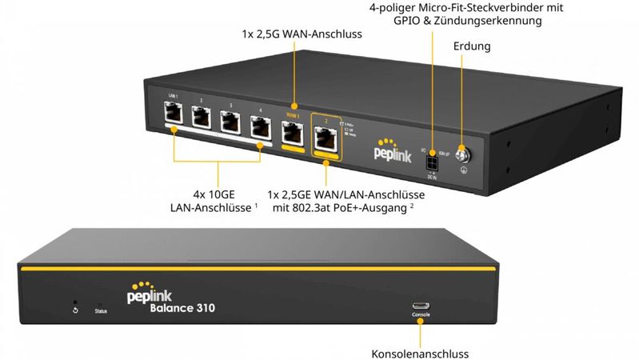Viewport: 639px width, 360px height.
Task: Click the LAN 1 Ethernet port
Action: pos(173,118)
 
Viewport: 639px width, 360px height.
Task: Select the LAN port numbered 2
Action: pos(202,120)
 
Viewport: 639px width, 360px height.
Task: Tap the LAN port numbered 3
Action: pos(230,122)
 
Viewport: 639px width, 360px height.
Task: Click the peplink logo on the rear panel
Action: pos(393,152)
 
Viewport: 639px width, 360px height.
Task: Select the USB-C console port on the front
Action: pos(421,305)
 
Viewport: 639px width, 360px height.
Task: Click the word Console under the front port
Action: pos(421,315)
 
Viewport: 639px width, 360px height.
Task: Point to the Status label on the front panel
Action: pos(101,310)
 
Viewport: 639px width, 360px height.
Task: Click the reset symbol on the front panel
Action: pos(75,309)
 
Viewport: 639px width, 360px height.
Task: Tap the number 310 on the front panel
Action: pos(201,307)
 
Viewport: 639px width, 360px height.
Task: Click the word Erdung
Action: pos(471,47)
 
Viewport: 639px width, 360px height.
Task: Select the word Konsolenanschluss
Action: pos(420,353)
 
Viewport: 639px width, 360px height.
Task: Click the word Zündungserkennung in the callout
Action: pos(495,21)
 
